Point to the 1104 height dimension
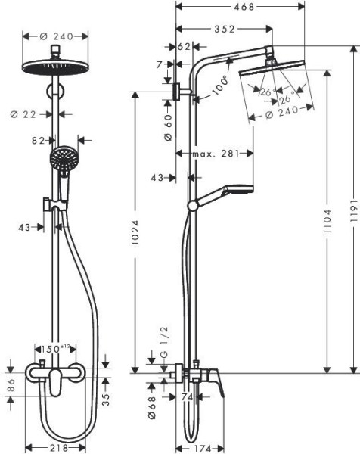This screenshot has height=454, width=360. [x=327, y=213]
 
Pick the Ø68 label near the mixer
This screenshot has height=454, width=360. [x=151, y=406]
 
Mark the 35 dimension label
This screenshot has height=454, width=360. [x=106, y=398]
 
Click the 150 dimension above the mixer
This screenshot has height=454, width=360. [x=54, y=350]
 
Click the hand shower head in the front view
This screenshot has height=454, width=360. [x=63, y=160]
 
